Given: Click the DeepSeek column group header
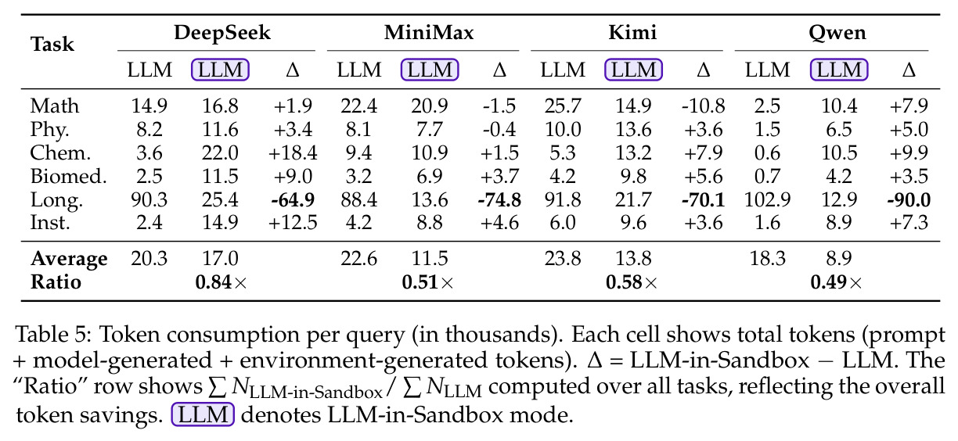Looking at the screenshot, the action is click(x=222, y=33).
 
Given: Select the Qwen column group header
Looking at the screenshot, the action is click(x=837, y=33).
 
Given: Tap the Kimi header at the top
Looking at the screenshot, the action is click(x=632, y=33).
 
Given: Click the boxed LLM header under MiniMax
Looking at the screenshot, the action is click(x=430, y=70).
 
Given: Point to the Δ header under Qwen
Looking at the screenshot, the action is click(x=909, y=70).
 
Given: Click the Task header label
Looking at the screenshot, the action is click(x=52, y=44).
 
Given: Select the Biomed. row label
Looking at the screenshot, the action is click(x=68, y=176).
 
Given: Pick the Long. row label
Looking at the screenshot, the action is click(x=56, y=200).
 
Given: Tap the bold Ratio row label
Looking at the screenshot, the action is click(x=56, y=282).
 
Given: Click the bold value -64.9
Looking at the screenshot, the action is click(x=293, y=199).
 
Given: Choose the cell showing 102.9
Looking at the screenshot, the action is click(x=768, y=199).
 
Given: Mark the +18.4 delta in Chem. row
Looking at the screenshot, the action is click(x=293, y=153).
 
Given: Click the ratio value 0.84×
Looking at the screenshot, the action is click(x=221, y=282).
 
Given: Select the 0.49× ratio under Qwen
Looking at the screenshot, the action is click(x=836, y=282).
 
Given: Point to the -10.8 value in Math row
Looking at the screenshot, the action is click(x=704, y=106).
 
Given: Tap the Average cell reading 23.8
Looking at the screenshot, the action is click(x=563, y=259).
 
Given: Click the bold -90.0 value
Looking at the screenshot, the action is click(x=909, y=199).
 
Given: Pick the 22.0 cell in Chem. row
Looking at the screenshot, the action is click(x=220, y=153).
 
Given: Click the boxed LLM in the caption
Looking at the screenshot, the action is click(x=203, y=414).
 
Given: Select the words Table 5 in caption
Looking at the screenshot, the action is click(x=53, y=335).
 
